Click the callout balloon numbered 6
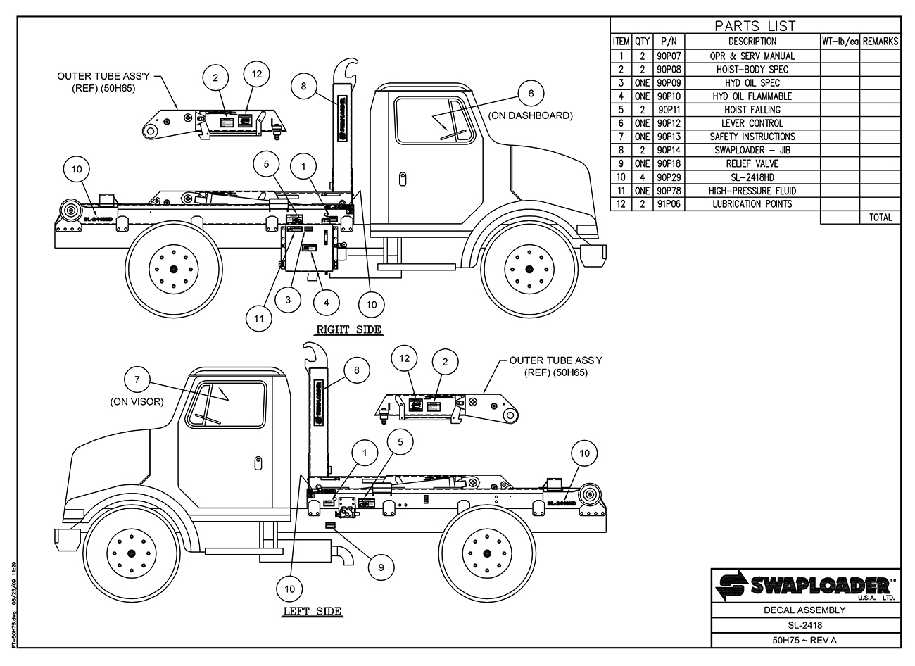[x=531, y=93]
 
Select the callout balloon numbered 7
[x=137, y=381]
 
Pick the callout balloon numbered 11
[x=258, y=318]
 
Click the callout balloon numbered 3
[x=287, y=299]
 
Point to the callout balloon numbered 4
[x=326, y=303]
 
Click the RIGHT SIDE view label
[x=348, y=329]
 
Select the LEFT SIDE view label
[x=312, y=611]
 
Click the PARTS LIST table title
[x=755, y=27]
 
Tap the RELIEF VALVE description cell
[x=752, y=163]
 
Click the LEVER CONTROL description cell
[x=752, y=123]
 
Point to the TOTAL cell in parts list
[x=880, y=218]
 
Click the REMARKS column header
[x=880, y=42]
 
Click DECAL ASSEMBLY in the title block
[x=805, y=610]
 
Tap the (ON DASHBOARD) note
[x=530, y=115]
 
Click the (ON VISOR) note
[x=137, y=402]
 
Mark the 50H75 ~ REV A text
[x=805, y=640]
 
